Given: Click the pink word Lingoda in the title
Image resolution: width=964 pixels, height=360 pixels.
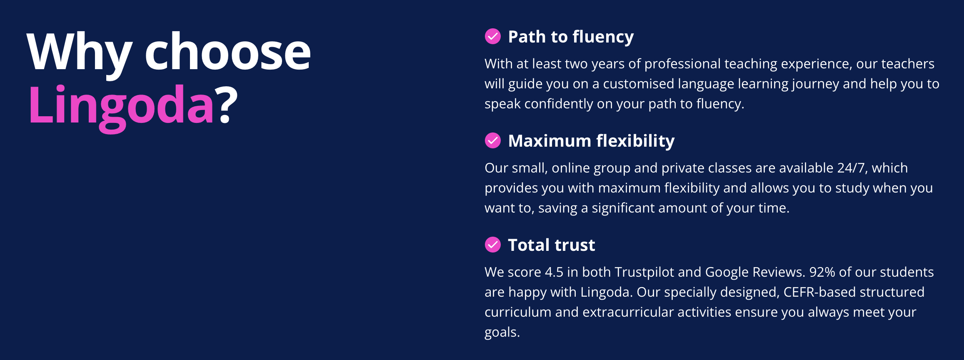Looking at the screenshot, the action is (x=121, y=107).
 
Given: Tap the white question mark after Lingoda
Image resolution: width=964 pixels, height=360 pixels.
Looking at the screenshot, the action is (x=227, y=104).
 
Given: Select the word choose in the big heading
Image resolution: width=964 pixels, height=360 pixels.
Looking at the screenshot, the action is (x=227, y=51).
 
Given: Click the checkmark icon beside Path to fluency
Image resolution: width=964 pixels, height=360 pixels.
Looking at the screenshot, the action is (x=493, y=36).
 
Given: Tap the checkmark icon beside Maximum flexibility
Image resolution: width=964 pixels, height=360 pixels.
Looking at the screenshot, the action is (x=493, y=140).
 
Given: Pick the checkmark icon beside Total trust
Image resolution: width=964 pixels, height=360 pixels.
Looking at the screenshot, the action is (x=493, y=245).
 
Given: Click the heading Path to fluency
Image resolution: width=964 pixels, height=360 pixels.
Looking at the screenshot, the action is (x=571, y=37).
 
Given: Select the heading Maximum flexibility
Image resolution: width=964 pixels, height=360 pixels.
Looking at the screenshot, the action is (x=591, y=141).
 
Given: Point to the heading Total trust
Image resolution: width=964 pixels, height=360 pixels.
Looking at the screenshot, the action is (x=552, y=245).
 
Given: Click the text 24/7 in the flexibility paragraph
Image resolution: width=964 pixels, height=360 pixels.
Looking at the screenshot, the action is (x=852, y=168).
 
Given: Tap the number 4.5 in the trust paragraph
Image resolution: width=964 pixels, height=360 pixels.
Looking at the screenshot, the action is (x=554, y=272).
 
